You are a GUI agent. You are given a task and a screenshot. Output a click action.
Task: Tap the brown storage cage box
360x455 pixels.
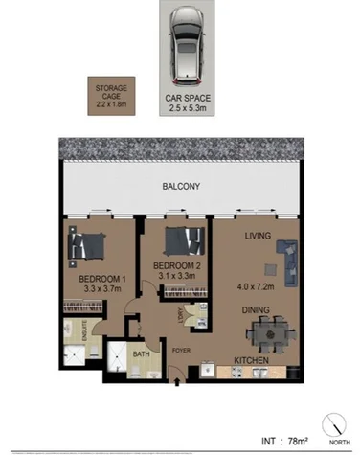109,97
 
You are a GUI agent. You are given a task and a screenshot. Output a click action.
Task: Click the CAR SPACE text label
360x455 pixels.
186,98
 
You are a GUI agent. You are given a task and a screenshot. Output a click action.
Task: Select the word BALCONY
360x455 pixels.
180,188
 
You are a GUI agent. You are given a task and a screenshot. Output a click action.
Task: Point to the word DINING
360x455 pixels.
255,309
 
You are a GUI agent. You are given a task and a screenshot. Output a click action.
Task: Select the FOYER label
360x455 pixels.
181,350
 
